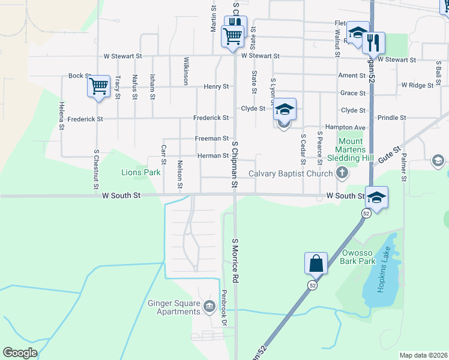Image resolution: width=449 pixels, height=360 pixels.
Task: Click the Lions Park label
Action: pyautogui.click(x=141, y=173)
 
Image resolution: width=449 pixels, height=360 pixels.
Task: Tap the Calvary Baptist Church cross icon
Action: pyautogui.click(x=342, y=174)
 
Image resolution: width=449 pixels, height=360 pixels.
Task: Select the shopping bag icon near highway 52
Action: pyautogui.click(x=316, y=263)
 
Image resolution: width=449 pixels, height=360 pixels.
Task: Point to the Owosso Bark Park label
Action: pyautogui.click(x=358, y=257)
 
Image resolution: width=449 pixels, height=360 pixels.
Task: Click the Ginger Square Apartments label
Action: pyautogui.click(x=174, y=307)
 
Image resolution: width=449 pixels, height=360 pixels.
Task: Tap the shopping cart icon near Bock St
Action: pyautogui.click(x=98, y=86)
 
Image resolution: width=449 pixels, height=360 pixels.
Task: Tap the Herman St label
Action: pyautogui.click(x=213, y=156)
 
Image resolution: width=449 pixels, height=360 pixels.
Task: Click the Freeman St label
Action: pyautogui.click(x=212, y=139)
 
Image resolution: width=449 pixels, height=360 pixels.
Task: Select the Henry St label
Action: pyautogui.click(x=217, y=86)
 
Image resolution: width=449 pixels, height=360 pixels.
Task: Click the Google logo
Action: pyautogui.click(x=20, y=353)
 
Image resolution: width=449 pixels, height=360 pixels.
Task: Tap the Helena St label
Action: pyautogui.click(x=61, y=116)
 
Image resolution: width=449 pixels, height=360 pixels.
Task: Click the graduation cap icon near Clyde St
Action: pyautogui.click(x=285, y=110)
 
